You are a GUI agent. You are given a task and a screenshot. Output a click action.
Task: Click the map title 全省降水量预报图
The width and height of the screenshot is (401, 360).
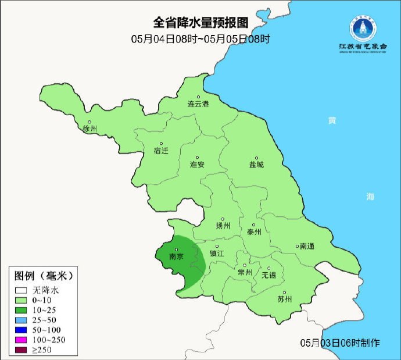click(x=200, y=23)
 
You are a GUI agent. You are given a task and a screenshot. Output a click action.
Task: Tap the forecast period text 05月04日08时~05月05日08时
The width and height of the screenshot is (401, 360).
click(x=201, y=39)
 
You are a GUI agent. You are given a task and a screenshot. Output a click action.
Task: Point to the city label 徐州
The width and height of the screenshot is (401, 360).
click(x=90, y=129)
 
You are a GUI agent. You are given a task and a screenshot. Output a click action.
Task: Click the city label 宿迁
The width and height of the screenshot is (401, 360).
click(x=161, y=151)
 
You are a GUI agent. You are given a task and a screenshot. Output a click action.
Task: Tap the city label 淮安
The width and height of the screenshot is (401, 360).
click(x=198, y=165)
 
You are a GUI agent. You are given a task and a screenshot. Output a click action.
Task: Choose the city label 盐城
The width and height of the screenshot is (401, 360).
click(x=256, y=165)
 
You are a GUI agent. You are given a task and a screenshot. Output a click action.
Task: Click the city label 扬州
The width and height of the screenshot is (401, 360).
click(x=223, y=226)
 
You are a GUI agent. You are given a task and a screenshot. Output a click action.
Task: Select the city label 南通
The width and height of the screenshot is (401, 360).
click(x=306, y=247)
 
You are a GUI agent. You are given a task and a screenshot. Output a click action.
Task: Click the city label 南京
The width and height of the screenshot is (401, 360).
click(x=176, y=256)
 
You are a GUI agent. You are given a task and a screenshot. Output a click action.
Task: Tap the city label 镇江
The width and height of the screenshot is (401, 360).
click(x=217, y=254)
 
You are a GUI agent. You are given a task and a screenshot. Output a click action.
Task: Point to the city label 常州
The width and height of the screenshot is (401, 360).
click(x=245, y=272)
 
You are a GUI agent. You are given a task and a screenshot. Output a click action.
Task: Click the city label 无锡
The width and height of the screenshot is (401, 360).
click(x=269, y=275)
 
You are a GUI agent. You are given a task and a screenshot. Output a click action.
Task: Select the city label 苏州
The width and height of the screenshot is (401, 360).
click(x=284, y=300)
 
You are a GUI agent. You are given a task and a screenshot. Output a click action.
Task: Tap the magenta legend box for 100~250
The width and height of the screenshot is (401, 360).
click(x=22, y=339)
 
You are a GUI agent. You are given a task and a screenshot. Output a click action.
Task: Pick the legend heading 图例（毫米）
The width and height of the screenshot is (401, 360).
click(x=44, y=275)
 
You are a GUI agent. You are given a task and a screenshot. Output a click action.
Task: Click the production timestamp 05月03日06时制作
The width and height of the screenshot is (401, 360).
click(x=340, y=343)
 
